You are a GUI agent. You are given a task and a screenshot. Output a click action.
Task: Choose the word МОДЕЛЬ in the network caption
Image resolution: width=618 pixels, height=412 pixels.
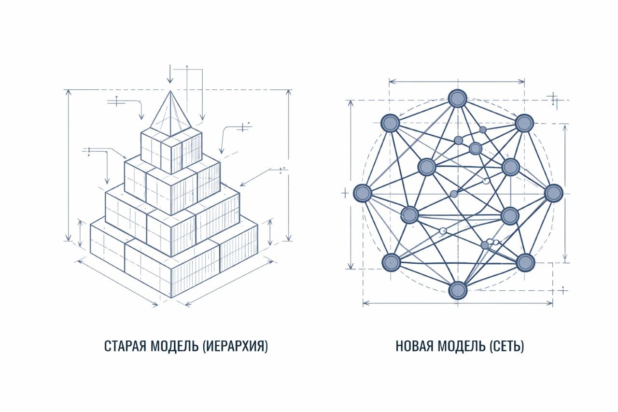462,346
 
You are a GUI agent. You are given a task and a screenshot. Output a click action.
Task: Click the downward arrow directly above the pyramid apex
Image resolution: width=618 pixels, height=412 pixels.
170,73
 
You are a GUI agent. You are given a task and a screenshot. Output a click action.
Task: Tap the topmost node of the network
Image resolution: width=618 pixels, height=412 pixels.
457,99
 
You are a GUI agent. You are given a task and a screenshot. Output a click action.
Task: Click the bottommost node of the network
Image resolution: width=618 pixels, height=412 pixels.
458,290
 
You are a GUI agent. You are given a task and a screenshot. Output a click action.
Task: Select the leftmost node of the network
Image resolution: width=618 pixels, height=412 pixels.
362,193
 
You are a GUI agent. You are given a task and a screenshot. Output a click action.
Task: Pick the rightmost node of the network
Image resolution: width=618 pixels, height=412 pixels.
553,193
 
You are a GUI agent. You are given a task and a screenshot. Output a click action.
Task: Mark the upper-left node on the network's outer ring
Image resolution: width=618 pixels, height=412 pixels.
390,123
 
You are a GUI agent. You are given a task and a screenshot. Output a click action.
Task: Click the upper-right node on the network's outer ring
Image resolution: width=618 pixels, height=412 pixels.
524,123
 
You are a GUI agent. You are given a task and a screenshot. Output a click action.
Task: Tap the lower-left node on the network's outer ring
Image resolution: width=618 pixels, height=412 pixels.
391,262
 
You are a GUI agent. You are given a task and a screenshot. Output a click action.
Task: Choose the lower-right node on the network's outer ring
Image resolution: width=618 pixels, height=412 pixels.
525,262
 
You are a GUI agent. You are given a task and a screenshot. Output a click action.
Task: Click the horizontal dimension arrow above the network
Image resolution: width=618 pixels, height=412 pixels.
457,82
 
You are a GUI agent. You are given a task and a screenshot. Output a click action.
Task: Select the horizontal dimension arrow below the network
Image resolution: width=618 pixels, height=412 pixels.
458,303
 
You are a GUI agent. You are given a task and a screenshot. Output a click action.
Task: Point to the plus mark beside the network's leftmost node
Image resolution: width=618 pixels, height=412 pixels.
345,193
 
